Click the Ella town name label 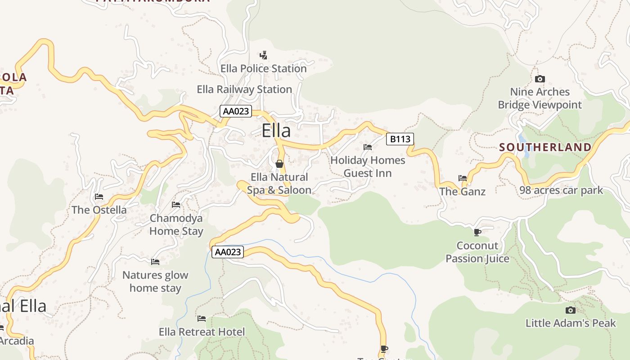tap(276, 130)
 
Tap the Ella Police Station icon tap(264, 55)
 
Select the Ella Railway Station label tap(244, 89)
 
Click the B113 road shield tap(400, 139)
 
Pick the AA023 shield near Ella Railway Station tap(236, 111)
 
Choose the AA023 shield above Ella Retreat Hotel tap(228, 252)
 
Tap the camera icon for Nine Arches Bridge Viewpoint tap(540, 79)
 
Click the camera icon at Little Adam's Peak tap(570, 310)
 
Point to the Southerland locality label tap(545, 147)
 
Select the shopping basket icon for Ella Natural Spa tap(279, 164)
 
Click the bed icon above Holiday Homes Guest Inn tap(368, 147)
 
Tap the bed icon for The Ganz tap(462, 178)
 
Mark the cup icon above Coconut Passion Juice tap(477, 232)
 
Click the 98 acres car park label tap(561, 190)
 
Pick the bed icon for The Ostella tap(99, 197)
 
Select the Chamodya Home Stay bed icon tap(176, 205)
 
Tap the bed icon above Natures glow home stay tap(155, 261)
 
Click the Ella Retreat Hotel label tap(202, 332)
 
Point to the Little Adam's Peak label tap(571, 323)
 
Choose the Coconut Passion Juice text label tap(477, 252)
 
